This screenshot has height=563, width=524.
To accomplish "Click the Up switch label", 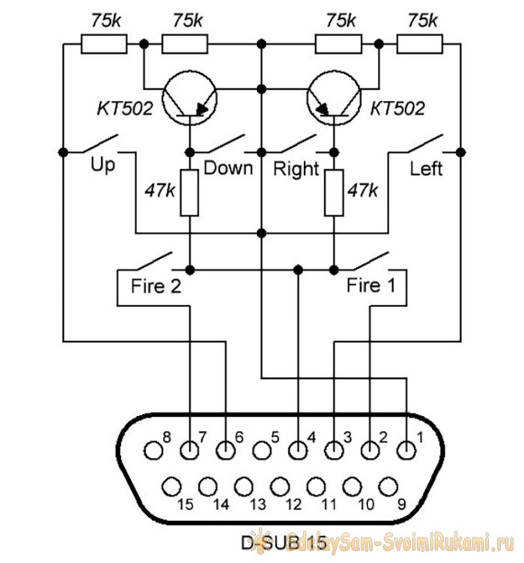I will [103, 164].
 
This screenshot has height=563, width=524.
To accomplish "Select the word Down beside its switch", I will [228, 167].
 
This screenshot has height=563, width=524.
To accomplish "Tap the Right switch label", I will [296, 168].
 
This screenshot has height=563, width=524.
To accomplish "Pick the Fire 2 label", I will [156, 285].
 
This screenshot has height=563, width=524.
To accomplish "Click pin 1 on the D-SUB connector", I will [406, 451].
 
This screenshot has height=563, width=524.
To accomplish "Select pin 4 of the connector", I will [298, 451].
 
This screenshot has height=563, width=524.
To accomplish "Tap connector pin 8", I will [154, 451].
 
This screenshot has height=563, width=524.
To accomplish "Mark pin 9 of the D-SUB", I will [387, 486].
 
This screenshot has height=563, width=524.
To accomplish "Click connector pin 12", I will [279, 486].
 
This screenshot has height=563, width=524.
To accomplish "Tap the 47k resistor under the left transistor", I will [191, 192].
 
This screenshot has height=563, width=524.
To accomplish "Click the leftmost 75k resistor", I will [103, 45].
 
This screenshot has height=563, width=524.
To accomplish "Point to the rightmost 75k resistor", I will [418, 45].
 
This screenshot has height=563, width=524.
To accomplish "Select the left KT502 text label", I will [124, 109].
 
